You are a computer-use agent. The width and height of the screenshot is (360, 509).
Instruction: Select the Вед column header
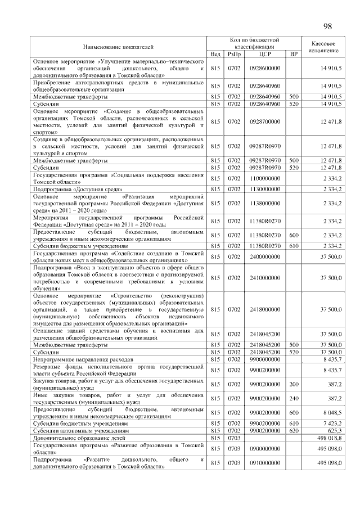click(215, 54)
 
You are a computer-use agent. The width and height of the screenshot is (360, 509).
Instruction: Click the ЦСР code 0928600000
click(264, 68)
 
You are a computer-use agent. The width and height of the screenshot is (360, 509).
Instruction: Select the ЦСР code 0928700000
click(264, 121)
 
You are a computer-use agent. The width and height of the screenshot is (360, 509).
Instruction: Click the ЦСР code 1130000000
click(264, 190)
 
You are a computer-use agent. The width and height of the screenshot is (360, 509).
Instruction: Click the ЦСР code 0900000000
click(264, 448)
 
